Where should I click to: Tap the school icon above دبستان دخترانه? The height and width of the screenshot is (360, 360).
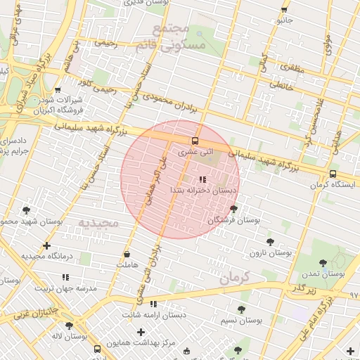coord(202,180)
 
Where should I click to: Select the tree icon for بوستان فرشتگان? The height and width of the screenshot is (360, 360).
coord(233,209)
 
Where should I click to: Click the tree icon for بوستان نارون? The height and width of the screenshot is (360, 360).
coord(270,241)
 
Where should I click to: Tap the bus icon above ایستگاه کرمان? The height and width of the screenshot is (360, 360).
coord(333,174)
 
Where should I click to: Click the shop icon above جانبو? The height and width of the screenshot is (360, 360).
coord(284,10)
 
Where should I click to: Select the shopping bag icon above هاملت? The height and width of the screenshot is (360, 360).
coord(127,255)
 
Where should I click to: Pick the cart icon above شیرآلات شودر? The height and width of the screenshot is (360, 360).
coord(58,90)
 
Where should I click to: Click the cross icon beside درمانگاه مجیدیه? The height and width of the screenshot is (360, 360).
coord(46,246)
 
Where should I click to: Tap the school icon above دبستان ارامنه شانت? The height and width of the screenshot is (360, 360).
coord(153,304)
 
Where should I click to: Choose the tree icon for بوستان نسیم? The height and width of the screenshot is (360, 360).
coord(242,309)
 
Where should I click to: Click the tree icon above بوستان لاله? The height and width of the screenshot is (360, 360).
coord(69,326)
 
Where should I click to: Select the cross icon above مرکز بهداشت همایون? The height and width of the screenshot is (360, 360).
coord(141,331)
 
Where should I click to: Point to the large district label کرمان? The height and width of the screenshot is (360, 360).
coord(234,278)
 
